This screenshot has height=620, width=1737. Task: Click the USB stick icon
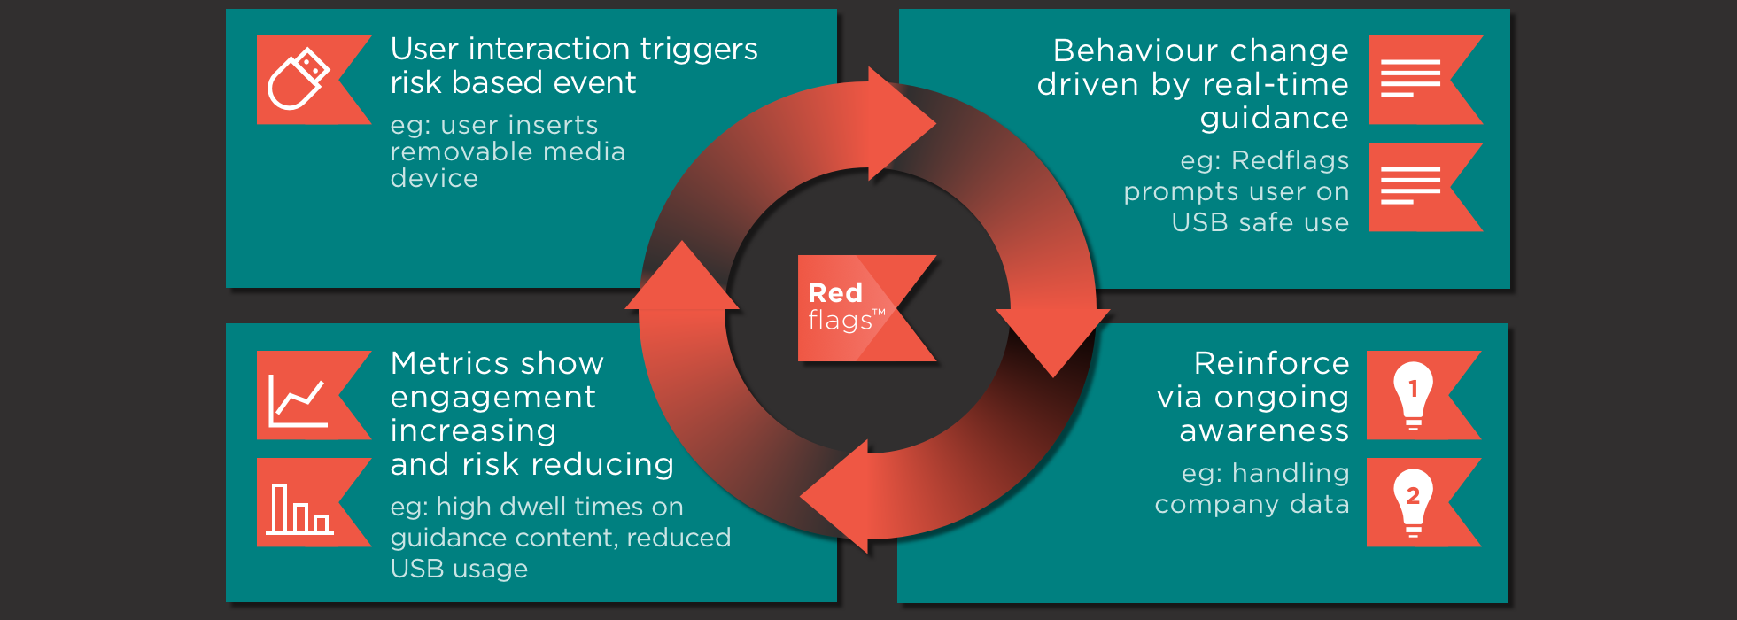click(299, 79)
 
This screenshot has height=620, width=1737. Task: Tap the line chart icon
click(299, 400)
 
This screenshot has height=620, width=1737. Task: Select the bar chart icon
click(299, 508)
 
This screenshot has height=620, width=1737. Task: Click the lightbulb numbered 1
click(1413, 394)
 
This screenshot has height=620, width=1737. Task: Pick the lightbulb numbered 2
click(1413, 501)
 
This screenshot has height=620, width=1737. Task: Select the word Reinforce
click(1271, 363)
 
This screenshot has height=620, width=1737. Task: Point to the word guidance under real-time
click(1274, 119)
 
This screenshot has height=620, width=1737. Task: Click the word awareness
click(1264, 431)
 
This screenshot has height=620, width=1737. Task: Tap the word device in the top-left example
click(434, 179)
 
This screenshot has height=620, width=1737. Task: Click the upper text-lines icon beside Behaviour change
click(1410, 79)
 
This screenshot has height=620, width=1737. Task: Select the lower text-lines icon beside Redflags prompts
click(1410, 186)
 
